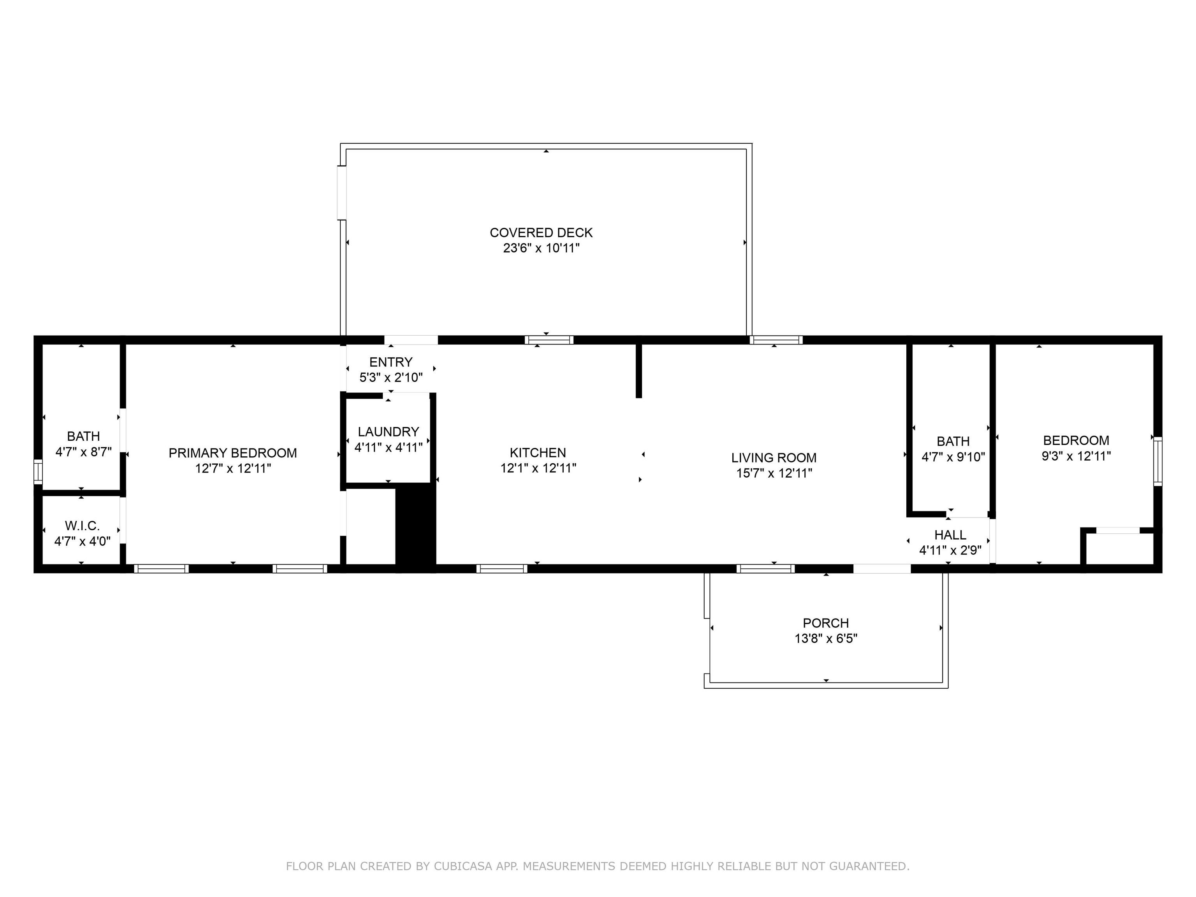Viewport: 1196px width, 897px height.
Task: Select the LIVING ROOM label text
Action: coord(774,457)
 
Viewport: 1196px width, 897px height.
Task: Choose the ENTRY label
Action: coord(391,362)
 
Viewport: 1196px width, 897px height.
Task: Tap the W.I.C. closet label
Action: coord(82,526)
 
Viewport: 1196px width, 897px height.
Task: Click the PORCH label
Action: coord(826,623)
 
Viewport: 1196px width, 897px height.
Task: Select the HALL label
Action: coord(950,535)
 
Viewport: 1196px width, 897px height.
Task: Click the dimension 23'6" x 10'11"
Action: coord(541,248)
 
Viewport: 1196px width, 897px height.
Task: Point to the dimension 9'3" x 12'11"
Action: coord(1076,456)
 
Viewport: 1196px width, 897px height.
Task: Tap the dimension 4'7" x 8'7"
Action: coord(84,452)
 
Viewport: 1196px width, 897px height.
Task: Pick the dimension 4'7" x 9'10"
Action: coord(953,457)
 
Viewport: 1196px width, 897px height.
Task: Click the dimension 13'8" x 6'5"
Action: coord(826,638)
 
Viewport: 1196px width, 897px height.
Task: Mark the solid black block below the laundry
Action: coord(416,527)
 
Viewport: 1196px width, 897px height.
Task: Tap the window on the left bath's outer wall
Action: coord(38,471)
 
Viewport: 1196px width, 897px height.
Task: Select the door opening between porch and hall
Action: coord(882,568)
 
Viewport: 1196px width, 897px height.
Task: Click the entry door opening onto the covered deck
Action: coord(411,340)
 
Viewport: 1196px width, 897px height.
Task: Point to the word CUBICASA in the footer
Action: coord(463,866)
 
